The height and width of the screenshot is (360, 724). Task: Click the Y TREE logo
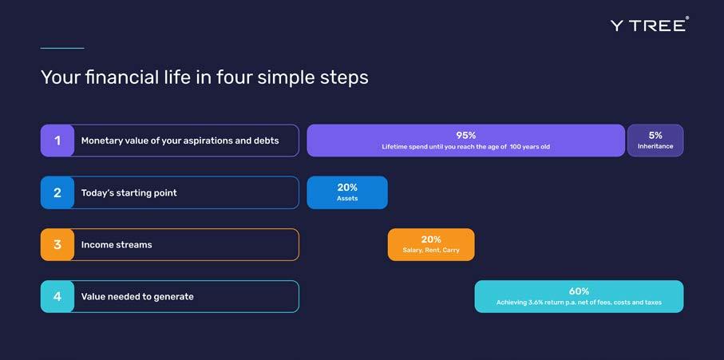point(650,25)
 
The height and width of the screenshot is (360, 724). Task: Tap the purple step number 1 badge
point(57,140)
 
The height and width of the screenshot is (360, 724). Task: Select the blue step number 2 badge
point(57,192)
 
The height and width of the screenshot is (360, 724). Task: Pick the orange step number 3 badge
point(57,244)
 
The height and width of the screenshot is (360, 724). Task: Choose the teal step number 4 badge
point(57,296)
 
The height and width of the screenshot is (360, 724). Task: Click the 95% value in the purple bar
point(466,135)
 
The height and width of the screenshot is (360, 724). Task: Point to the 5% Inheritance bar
point(655,140)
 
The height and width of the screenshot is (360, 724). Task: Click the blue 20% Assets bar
point(347,192)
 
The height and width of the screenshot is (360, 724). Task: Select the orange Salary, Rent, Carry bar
point(431,244)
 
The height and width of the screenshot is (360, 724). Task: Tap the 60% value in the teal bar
point(579,291)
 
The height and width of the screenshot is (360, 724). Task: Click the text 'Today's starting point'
point(129,193)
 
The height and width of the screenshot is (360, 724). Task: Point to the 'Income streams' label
point(117,244)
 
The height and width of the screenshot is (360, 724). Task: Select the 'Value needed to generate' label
point(137,297)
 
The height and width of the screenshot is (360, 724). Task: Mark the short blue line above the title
point(62,48)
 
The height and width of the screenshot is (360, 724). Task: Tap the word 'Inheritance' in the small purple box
point(655,146)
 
